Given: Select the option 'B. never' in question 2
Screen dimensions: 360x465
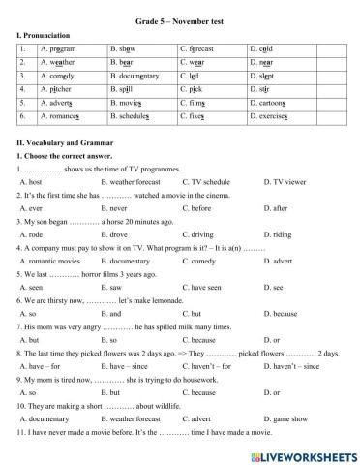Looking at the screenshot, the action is pos(118,206).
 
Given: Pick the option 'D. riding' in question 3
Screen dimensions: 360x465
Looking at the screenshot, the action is pos(278,233).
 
